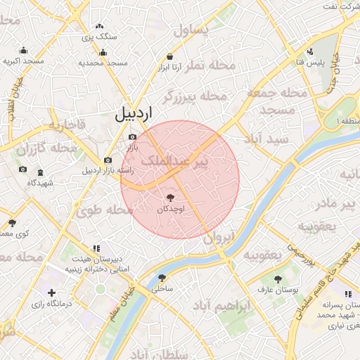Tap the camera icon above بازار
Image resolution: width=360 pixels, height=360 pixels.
pyautogui.click(x=132, y=137)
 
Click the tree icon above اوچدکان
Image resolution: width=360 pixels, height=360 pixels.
pyautogui.click(x=171, y=198)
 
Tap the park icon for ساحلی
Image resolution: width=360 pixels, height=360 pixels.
pyautogui.click(x=162, y=278)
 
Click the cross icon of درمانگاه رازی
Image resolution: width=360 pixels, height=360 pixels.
pyautogui.click(x=51, y=292)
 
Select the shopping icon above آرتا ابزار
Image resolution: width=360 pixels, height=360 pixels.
pyautogui.click(x=170, y=56)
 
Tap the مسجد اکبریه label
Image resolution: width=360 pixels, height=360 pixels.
pyautogui.click(x=23, y=62)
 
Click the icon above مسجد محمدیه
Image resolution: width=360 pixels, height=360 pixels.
pyautogui.click(x=103, y=52)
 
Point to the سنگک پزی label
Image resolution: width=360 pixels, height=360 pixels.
pyautogui.click(x=99, y=35)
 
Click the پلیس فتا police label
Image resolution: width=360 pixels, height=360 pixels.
pyautogui.click(x=310, y=63)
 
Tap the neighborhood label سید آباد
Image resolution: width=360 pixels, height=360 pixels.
pyautogui.click(x=265, y=139)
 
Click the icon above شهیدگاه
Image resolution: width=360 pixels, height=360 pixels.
pyautogui.click(x=40, y=172)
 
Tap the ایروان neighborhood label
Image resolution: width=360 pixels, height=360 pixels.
pyautogui.click(x=217, y=238)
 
